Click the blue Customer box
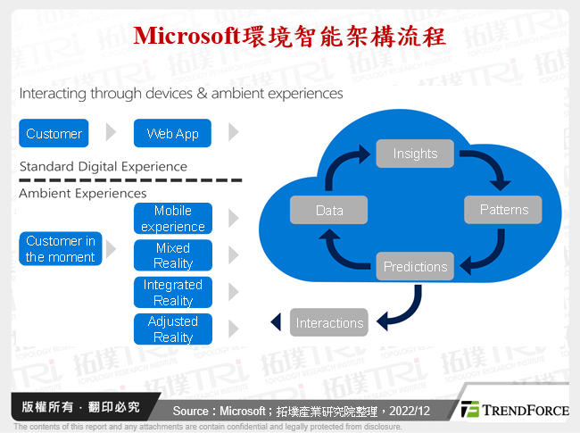coord(54,134)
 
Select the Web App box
coord(173,134)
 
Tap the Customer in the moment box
coord(60,249)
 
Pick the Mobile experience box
coord(173,219)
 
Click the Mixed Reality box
coord(173,255)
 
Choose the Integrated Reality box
coord(173,293)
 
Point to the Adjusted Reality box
coord(173,329)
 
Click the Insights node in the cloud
coord(415,154)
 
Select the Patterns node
coord(504,210)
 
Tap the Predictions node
coord(415,266)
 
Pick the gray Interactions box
coord(329,323)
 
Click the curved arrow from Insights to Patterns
coord(486,165)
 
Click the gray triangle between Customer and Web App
coord(111,133)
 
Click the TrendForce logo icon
coord(470,410)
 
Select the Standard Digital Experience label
coord(103,166)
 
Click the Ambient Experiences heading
coord(83,193)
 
